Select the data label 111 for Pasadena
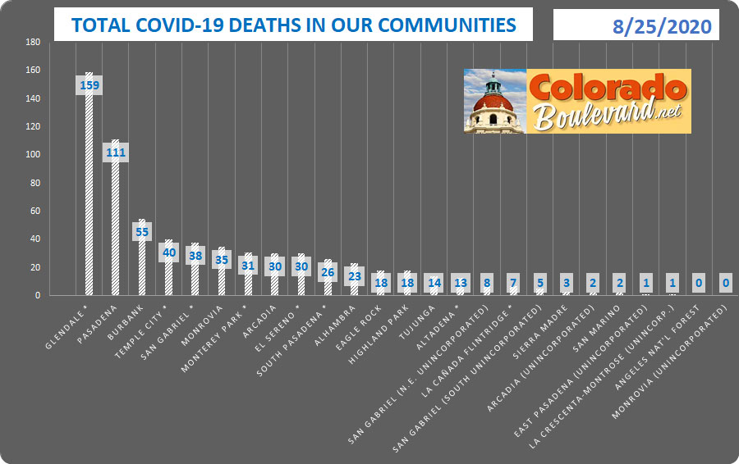click(x=115, y=152)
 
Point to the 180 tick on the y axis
click(x=32, y=42)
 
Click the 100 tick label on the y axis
click(x=32, y=155)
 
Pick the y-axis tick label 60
click(x=34, y=211)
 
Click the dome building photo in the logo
click(x=494, y=101)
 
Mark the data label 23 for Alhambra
click(x=354, y=276)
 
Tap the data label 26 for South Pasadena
click(x=328, y=272)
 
